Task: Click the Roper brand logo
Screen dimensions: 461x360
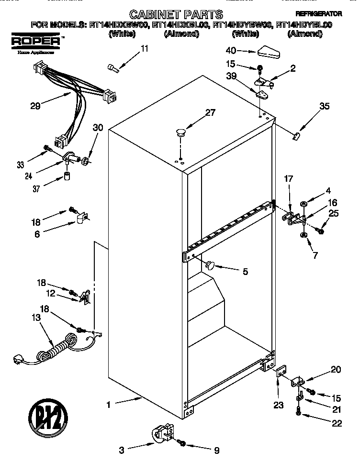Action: coord(36,42)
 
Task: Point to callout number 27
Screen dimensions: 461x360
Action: coord(210,113)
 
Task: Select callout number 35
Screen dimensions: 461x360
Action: coord(324,107)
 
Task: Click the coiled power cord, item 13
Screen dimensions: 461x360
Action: coord(53,351)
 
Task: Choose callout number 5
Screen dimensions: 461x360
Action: coord(245,272)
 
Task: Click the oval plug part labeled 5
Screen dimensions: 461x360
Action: coord(210,264)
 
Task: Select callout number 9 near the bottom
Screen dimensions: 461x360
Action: coord(216,450)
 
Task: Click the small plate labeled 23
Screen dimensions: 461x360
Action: coord(280,371)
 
